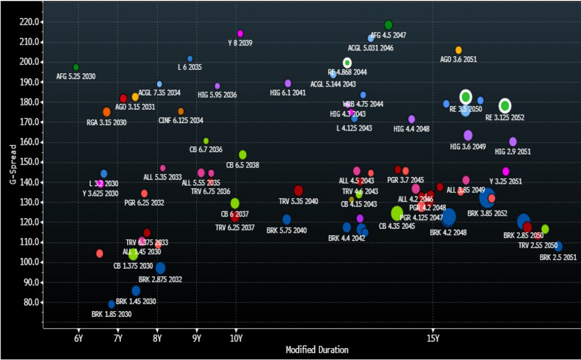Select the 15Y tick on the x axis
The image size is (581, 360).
(432, 339)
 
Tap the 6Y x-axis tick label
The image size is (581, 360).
(78, 339)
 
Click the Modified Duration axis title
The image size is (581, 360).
(317, 350)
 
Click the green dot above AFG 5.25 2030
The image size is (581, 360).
(76, 67)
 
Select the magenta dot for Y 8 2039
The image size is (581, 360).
(240, 34)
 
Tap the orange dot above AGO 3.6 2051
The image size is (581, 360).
(458, 50)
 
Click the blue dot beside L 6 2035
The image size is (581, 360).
(190, 58)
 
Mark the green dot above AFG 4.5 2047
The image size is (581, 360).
(388, 25)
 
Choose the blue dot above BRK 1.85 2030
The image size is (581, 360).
(112, 304)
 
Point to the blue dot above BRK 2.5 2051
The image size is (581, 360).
(558, 246)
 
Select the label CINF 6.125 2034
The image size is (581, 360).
(181, 120)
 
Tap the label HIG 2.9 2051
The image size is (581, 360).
(512, 152)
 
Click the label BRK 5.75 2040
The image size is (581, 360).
(287, 230)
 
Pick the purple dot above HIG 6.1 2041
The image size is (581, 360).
(288, 83)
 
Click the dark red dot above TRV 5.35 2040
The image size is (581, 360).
(298, 191)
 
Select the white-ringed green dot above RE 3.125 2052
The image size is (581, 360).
(505, 106)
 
